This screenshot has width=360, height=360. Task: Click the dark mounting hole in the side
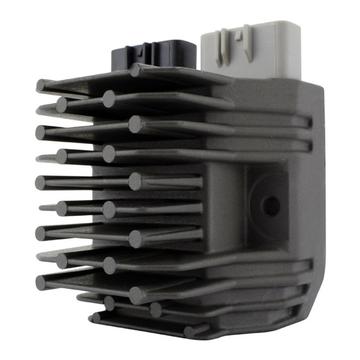tap(271, 206)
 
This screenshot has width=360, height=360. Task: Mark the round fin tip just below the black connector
tap(135, 70)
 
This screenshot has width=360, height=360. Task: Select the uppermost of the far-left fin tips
tap(40, 86)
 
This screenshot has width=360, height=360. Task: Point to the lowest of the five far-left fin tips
tap(40, 283)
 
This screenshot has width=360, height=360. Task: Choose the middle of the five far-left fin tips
tap(40, 183)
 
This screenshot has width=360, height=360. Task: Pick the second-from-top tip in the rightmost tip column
tap(135, 124)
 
